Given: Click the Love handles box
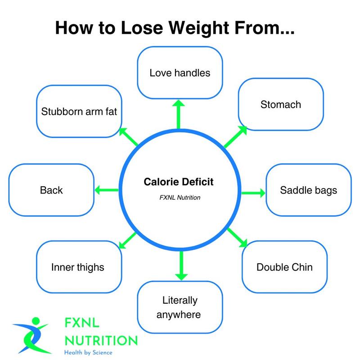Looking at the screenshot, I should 180,72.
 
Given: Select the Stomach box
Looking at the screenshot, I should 281,105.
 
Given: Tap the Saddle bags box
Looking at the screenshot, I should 309,190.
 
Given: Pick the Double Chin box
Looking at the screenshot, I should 284,267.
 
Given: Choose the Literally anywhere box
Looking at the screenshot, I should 179,307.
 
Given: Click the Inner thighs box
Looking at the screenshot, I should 78,267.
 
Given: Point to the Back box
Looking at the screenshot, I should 51,190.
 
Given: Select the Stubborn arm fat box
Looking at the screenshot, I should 79,111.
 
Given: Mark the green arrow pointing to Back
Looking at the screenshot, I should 106,190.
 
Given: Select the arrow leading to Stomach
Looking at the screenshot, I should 236,137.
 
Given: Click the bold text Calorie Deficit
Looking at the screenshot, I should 179,182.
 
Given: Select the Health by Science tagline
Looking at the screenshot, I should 88,352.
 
